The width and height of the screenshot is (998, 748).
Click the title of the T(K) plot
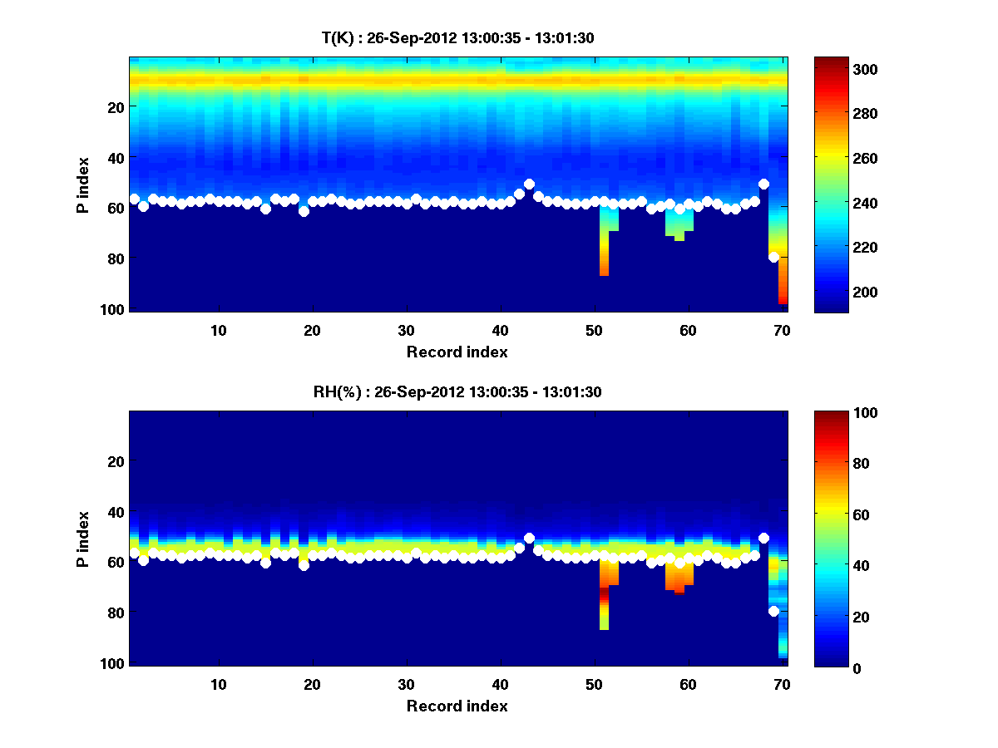point(457,37)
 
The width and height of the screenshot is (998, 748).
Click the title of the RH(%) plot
point(457,391)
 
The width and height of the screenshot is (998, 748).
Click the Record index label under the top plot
point(457,352)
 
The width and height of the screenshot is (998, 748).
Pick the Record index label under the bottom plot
point(457,706)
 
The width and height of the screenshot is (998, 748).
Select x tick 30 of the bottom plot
point(406,684)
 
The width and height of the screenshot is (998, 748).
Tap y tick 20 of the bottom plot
point(116,461)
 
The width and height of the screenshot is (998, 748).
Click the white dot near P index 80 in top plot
point(773,257)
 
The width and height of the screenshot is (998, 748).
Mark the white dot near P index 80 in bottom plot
point(773,611)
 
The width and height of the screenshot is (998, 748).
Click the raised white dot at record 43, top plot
point(529,184)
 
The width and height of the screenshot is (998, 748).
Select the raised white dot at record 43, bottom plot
point(529,538)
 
